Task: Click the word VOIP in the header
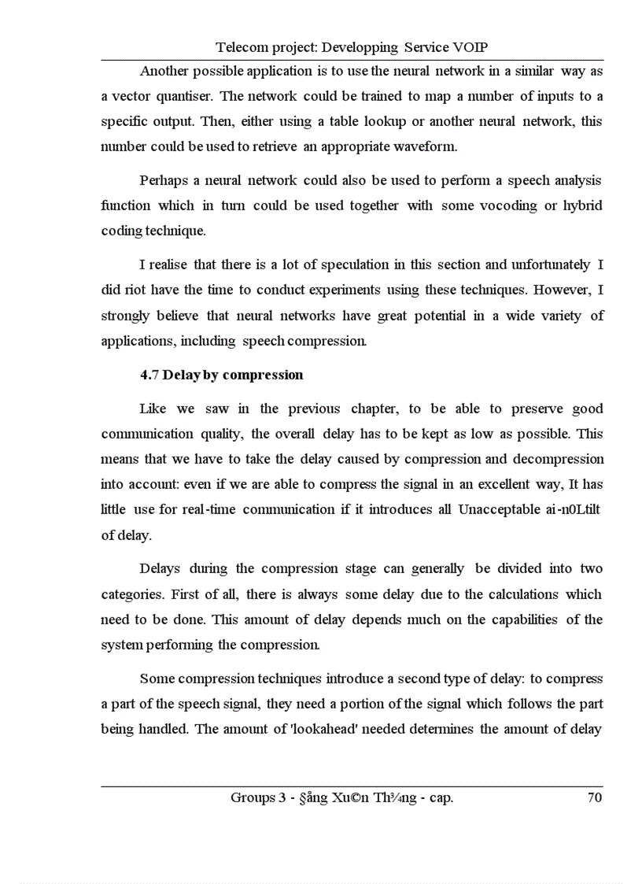[x=477, y=47]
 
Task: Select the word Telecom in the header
[x=241, y=47]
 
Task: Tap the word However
[x=563, y=290]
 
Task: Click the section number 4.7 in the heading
[x=149, y=375]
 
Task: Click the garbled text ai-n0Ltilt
[x=572, y=509]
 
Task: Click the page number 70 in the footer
[x=594, y=798]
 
